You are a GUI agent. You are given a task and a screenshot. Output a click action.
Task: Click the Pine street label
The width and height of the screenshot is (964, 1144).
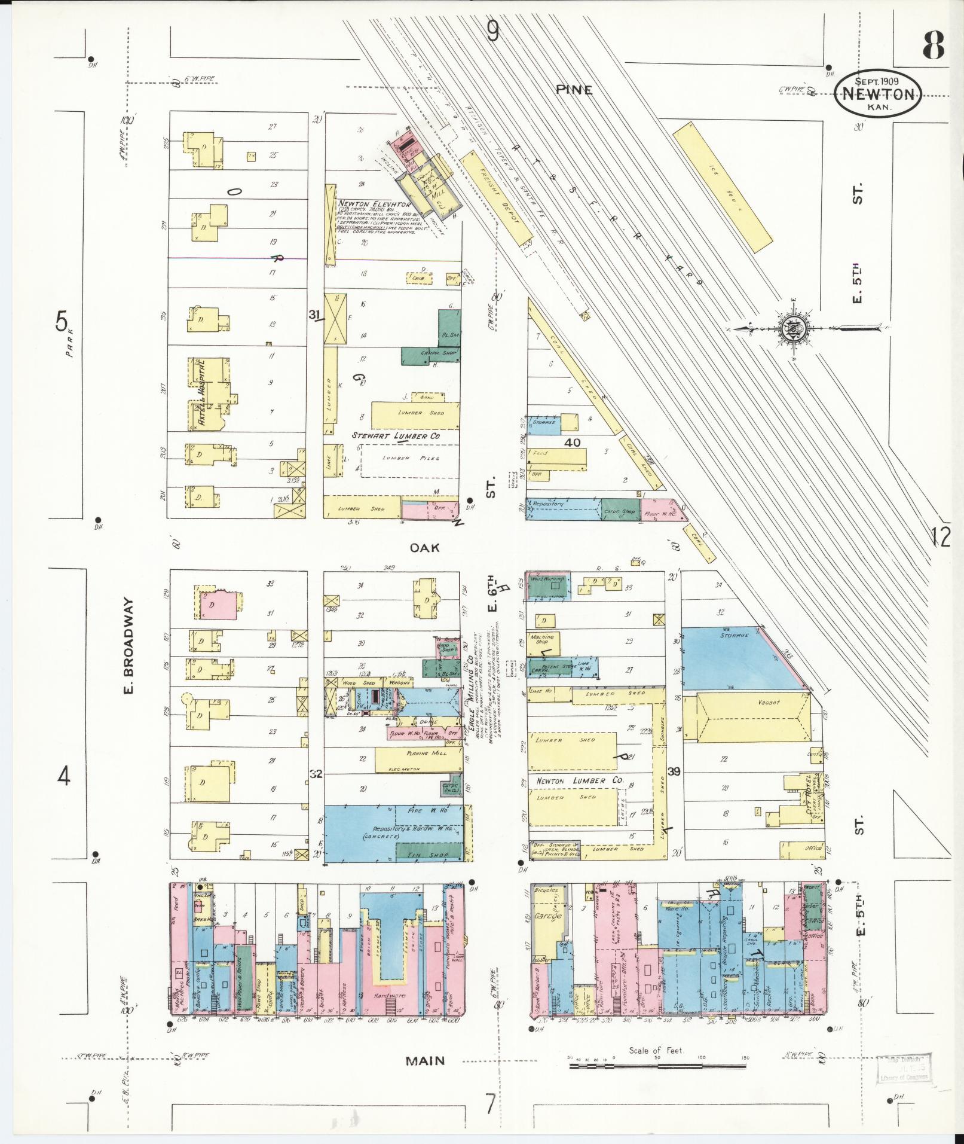[x=574, y=90]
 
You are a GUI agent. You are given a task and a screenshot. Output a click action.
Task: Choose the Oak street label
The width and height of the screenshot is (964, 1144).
[x=425, y=547]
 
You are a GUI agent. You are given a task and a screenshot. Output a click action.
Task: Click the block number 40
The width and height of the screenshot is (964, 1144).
[x=572, y=443]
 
